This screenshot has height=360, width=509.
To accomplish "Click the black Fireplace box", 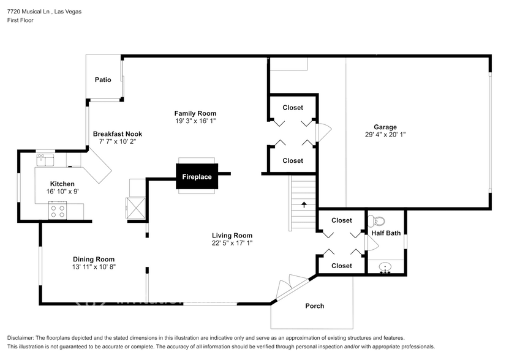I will (197, 176).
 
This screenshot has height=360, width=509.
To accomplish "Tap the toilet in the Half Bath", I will (378, 221).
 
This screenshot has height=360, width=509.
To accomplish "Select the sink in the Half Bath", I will (385, 267).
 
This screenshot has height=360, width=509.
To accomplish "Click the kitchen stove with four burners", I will (58, 211).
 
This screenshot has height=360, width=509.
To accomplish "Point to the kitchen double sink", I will (45, 160).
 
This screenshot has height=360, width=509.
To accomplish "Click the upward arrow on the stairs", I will (304, 204).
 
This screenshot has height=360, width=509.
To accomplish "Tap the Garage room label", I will (385, 127).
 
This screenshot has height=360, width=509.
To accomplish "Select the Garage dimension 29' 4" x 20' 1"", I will (385, 135).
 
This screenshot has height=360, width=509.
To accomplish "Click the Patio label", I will (103, 80).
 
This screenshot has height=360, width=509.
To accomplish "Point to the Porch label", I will (315, 306).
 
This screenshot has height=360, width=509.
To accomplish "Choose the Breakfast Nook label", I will (117, 133).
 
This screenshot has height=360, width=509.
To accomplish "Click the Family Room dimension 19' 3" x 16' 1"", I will (195, 121).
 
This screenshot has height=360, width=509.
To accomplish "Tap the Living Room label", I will (232, 235).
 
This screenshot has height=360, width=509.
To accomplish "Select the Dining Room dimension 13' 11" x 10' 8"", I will (94, 266).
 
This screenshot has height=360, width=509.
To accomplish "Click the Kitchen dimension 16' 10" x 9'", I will (62, 191).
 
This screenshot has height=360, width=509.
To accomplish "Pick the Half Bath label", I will (386, 233).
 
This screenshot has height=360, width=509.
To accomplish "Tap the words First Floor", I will (20, 20).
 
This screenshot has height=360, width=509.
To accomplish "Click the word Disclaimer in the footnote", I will (21, 338).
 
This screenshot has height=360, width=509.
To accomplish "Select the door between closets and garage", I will (323, 132).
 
